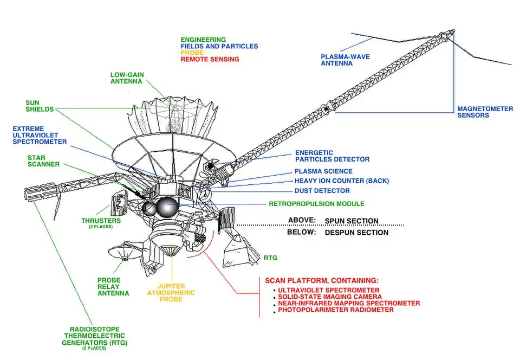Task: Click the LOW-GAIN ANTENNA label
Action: tap(126, 78)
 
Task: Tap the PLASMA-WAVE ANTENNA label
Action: tap(344, 60)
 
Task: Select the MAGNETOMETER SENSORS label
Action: tap(485, 112)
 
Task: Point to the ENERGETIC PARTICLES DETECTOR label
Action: tap(331, 156)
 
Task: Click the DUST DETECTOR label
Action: tap(322, 191)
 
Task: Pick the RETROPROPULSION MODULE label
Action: tap(316, 204)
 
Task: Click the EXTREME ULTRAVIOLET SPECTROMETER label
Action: tap(40, 134)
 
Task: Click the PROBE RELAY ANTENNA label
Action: tap(113, 286)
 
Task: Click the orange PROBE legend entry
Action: tap(192, 53)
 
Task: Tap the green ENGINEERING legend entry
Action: tap(203, 40)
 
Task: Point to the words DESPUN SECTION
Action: tap(356, 232)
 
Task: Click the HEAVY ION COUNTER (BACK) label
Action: tap(341, 181)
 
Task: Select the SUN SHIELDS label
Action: tap(40, 105)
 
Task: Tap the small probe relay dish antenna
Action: tap(121, 253)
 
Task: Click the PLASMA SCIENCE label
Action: tap(323, 171)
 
